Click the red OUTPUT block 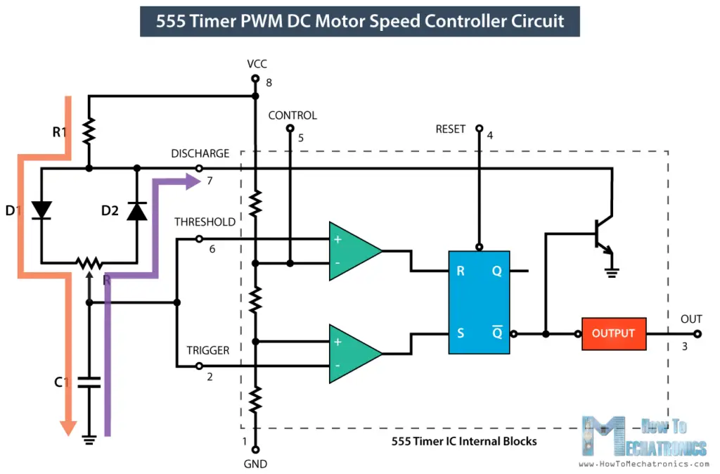click(x=613, y=333)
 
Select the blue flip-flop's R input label click(x=461, y=271)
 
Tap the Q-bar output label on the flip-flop click(x=496, y=333)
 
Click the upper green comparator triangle click(x=354, y=251)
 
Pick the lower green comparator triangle click(x=354, y=354)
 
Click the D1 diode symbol click(x=41, y=210)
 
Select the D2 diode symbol click(x=136, y=210)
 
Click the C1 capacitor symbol click(x=89, y=383)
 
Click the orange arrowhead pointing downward click(x=67, y=427)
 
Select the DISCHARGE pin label click(x=200, y=153)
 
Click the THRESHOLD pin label click(x=205, y=222)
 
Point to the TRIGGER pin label click(x=208, y=350)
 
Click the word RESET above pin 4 click(x=451, y=129)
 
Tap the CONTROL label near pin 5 click(x=292, y=115)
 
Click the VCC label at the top click(x=257, y=64)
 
